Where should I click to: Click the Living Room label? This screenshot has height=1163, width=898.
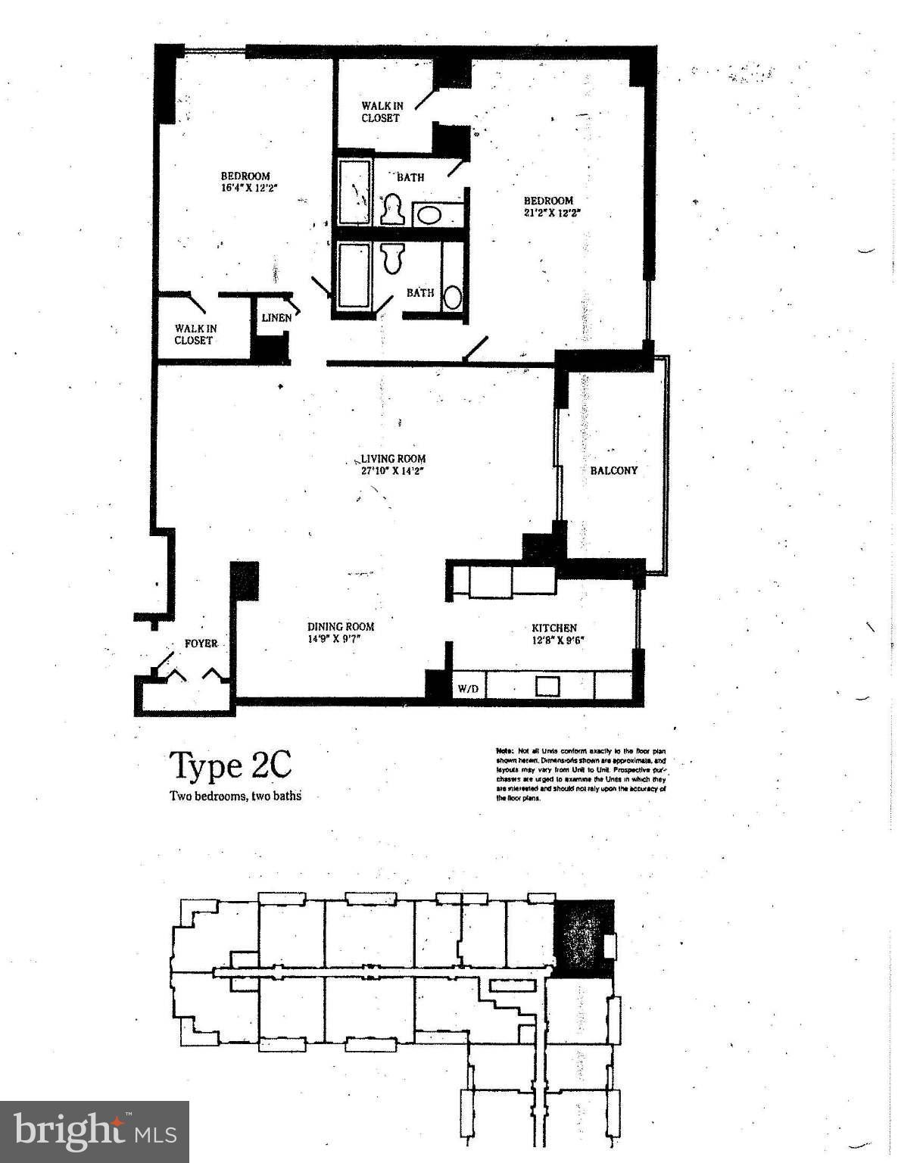click(x=392, y=459)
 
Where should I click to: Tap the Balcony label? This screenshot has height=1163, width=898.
click(x=613, y=470)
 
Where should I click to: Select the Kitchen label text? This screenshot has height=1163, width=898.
click(x=553, y=628)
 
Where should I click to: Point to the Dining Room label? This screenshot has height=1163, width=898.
click(x=340, y=627)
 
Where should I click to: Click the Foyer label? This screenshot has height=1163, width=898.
click(x=201, y=644)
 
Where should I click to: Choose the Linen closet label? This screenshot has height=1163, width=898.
click(x=276, y=318)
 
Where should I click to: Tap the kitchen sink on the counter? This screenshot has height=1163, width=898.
click(x=547, y=687)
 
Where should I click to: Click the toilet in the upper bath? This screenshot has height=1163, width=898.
click(x=392, y=210)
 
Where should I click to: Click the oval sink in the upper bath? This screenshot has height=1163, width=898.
click(x=429, y=215)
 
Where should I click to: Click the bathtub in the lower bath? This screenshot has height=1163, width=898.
click(x=354, y=274)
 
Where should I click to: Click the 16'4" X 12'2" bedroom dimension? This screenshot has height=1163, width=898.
click(x=245, y=189)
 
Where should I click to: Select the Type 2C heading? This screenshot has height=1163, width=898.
click(x=229, y=765)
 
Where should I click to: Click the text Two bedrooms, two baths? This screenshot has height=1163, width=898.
click(x=235, y=796)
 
